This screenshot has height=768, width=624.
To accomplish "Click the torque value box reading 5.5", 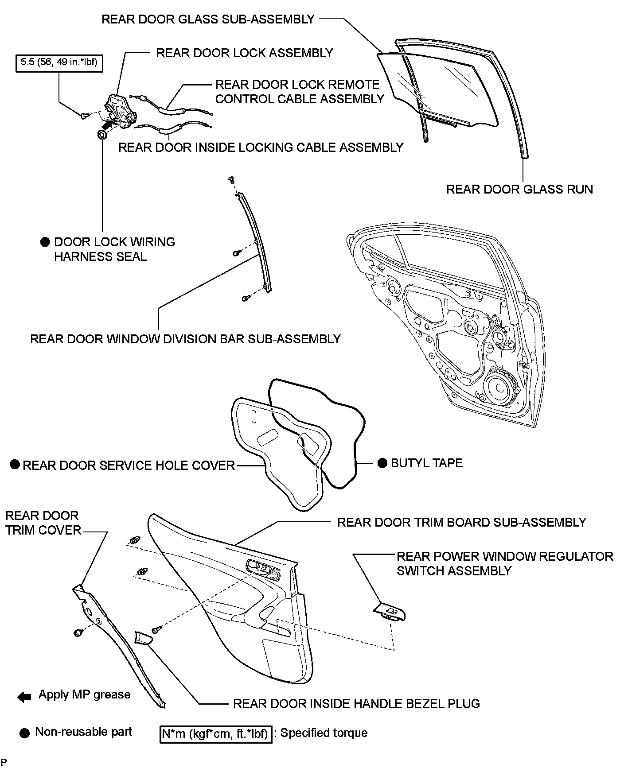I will tap(59, 62).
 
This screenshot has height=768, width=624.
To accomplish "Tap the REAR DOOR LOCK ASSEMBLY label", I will tap(244, 53).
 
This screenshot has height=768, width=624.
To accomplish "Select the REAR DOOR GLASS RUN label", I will tap(519, 190).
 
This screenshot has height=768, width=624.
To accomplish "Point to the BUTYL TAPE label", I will tap(426, 463).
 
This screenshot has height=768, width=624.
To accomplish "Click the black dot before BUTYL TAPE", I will tap(382, 463).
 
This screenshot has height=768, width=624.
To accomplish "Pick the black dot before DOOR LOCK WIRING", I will tap(44, 242).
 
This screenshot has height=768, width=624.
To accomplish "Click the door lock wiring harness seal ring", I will tap(101, 135).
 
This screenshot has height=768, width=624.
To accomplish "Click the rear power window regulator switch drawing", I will tap(390, 613).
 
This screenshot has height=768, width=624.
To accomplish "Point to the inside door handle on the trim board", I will tap(257, 568).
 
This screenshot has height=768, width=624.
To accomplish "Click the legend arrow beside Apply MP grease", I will tap(24, 697).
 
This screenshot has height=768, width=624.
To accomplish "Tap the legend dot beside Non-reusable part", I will tap(25, 733).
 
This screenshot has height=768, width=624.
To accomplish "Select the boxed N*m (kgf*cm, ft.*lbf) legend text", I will tap(215, 734).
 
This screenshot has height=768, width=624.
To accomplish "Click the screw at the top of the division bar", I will tap(231, 179).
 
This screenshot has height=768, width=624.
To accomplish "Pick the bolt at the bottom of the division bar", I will tap(245, 299).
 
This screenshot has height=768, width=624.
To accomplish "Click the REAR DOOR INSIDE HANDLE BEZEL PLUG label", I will tap(356, 704).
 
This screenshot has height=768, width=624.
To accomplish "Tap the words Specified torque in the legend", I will tap(324, 733).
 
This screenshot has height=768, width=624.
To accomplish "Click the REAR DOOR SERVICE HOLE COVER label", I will tap(129, 465).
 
